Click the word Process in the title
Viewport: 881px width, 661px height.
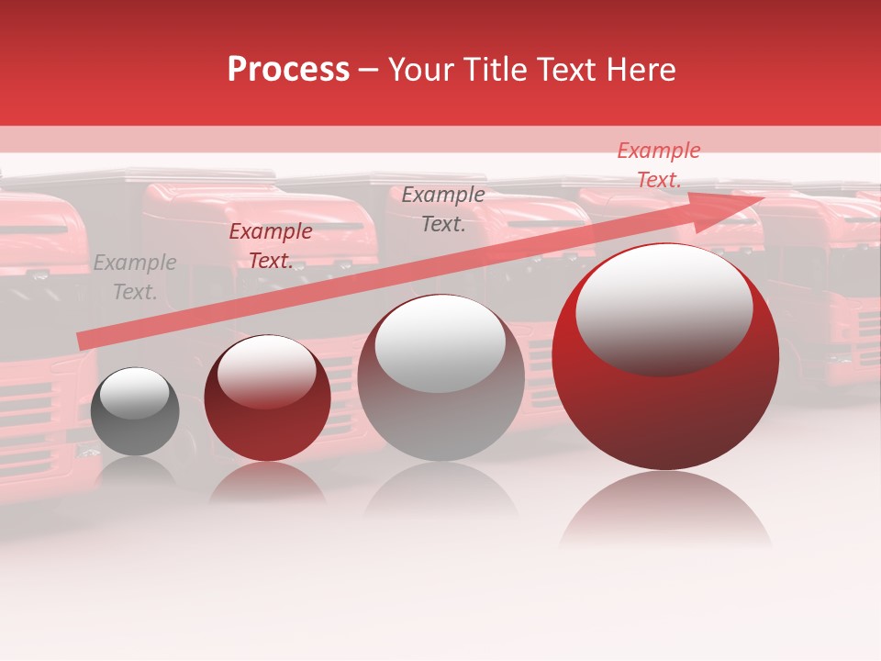(288, 70)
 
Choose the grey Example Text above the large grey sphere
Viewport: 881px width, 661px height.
(443, 208)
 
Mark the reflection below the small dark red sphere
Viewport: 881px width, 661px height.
(266, 482)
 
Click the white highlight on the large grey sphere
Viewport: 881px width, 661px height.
(440, 342)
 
